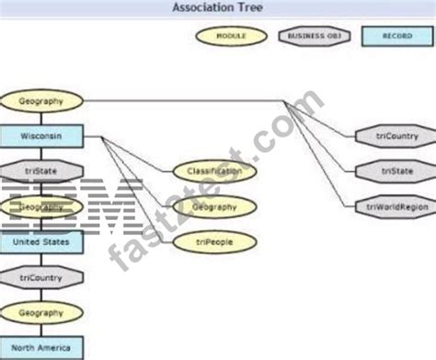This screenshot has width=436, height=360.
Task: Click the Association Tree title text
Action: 217,8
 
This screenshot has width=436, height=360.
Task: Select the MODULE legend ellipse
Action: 229,36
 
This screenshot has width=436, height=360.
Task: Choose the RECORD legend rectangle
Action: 396,36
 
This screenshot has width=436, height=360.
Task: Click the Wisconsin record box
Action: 42,136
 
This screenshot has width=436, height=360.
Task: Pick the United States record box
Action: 42,242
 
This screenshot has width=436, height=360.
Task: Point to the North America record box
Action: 42,348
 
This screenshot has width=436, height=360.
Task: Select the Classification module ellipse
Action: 213,171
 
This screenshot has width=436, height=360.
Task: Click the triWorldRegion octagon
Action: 396,205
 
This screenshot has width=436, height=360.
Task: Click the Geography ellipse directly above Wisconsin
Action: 42,100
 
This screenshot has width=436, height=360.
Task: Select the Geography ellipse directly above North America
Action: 42,313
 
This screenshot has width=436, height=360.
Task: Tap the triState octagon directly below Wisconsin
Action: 42,170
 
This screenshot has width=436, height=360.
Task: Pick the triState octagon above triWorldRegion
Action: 396,171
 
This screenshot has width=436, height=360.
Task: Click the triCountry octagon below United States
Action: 42,277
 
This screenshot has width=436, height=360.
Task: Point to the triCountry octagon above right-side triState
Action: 396,136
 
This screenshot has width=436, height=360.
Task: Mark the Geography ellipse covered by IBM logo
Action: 42,207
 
